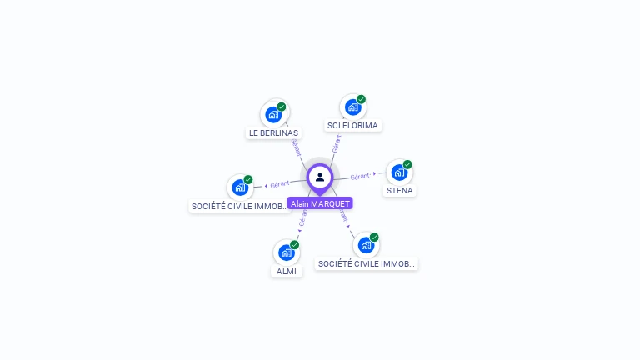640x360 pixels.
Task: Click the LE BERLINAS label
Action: pyautogui.click(x=273, y=132)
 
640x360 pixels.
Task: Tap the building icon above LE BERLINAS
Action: pyautogui.click(x=272, y=114)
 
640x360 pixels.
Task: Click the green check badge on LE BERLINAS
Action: pyautogui.click(x=282, y=107)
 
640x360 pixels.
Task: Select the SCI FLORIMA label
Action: pyautogui.click(x=352, y=126)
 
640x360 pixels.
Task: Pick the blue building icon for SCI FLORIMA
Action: pyautogui.click(x=352, y=107)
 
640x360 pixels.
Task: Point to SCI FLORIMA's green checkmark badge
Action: pyautogui.click(x=362, y=100)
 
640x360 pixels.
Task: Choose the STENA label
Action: pyautogui.click(x=399, y=190)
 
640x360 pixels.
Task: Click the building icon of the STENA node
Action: pyautogui.click(x=398, y=172)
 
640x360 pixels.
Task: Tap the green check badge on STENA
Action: pyautogui.click(x=407, y=164)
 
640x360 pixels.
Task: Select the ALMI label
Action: pyautogui.click(x=287, y=271)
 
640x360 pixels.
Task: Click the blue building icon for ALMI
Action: pyautogui.click(x=286, y=252)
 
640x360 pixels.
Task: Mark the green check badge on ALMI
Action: pyautogui.click(x=295, y=245)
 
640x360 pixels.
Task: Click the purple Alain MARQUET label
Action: pyautogui.click(x=320, y=203)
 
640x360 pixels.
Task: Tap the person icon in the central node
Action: pyautogui.click(x=320, y=177)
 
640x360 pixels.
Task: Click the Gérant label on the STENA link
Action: pyautogui.click(x=359, y=177)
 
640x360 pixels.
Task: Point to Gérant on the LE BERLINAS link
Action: pyautogui.click(x=295, y=147)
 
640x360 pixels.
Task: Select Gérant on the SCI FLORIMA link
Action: pyautogui.click(x=337, y=143)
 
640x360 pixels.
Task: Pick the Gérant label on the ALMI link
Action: pyautogui.click(x=303, y=219)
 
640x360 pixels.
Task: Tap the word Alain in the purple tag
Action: pyautogui.click(x=300, y=203)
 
